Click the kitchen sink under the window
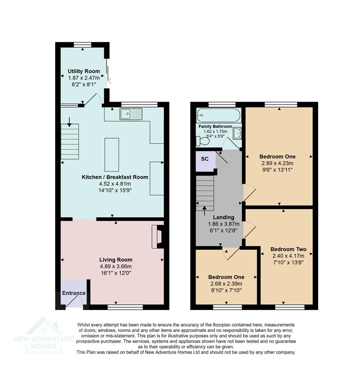pos(131,114)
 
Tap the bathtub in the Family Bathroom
pos(218,115)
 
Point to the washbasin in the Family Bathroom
pos(237,133)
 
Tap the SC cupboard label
pos(205,159)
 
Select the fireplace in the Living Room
pos(158,237)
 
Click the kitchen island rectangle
pos(112,155)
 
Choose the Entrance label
pos(74,293)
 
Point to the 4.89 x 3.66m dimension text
pos(116,266)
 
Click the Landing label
pos(224,217)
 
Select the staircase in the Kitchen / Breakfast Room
pos(70,141)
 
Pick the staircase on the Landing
pos(205,193)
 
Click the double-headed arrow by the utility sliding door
pos(110,81)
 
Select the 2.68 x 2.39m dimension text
pos(226,284)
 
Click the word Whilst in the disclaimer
pos(85,325)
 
